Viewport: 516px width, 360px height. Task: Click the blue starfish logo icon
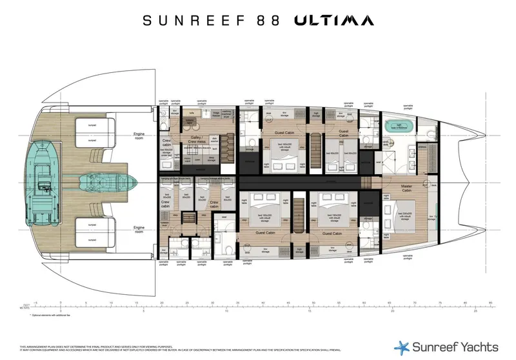click(x=402, y=346)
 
